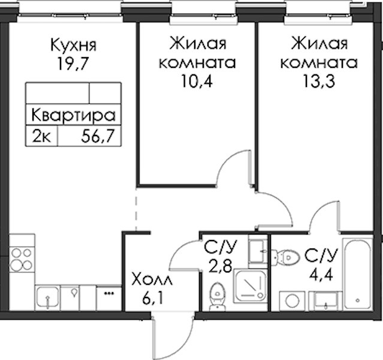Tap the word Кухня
(x=74, y=45)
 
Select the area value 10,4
(x=197, y=81)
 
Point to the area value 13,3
(x=319, y=81)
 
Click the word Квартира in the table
(x=73, y=115)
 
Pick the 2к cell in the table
(x=41, y=136)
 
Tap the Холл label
(x=152, y=280)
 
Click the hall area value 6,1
(x=151, y=299)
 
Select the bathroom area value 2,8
(x=220, y=266)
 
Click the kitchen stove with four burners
(x=22, y=259)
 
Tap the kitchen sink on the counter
(x=47, y=298)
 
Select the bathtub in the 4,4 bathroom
(x=358, y=274)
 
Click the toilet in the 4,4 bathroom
(x=286, y=257)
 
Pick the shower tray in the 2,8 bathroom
(x=249, y=286)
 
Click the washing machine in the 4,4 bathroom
(x=292, y=301)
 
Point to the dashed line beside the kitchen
(x=136, y=209)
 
